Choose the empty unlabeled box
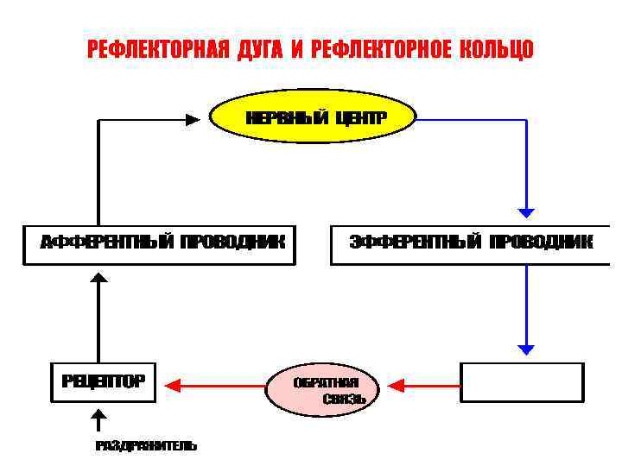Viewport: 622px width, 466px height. click(x=523, y=382)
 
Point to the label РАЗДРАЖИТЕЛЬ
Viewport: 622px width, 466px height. click(x=146, y=446)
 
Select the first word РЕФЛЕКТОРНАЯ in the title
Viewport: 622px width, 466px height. click(x=158, y=50)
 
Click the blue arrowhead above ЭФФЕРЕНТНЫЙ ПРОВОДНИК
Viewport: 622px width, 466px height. click(x=526, y=211)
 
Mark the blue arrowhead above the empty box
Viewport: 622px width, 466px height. click(x=526, y=349)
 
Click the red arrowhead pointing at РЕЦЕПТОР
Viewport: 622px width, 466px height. click(x=172, y=383)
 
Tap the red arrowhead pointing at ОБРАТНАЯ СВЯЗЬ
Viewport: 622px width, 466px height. click(x=397, y=383)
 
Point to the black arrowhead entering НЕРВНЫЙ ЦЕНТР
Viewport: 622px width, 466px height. click(x=193, y=121)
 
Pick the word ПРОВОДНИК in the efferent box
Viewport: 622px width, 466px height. click(x=541, y=242)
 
